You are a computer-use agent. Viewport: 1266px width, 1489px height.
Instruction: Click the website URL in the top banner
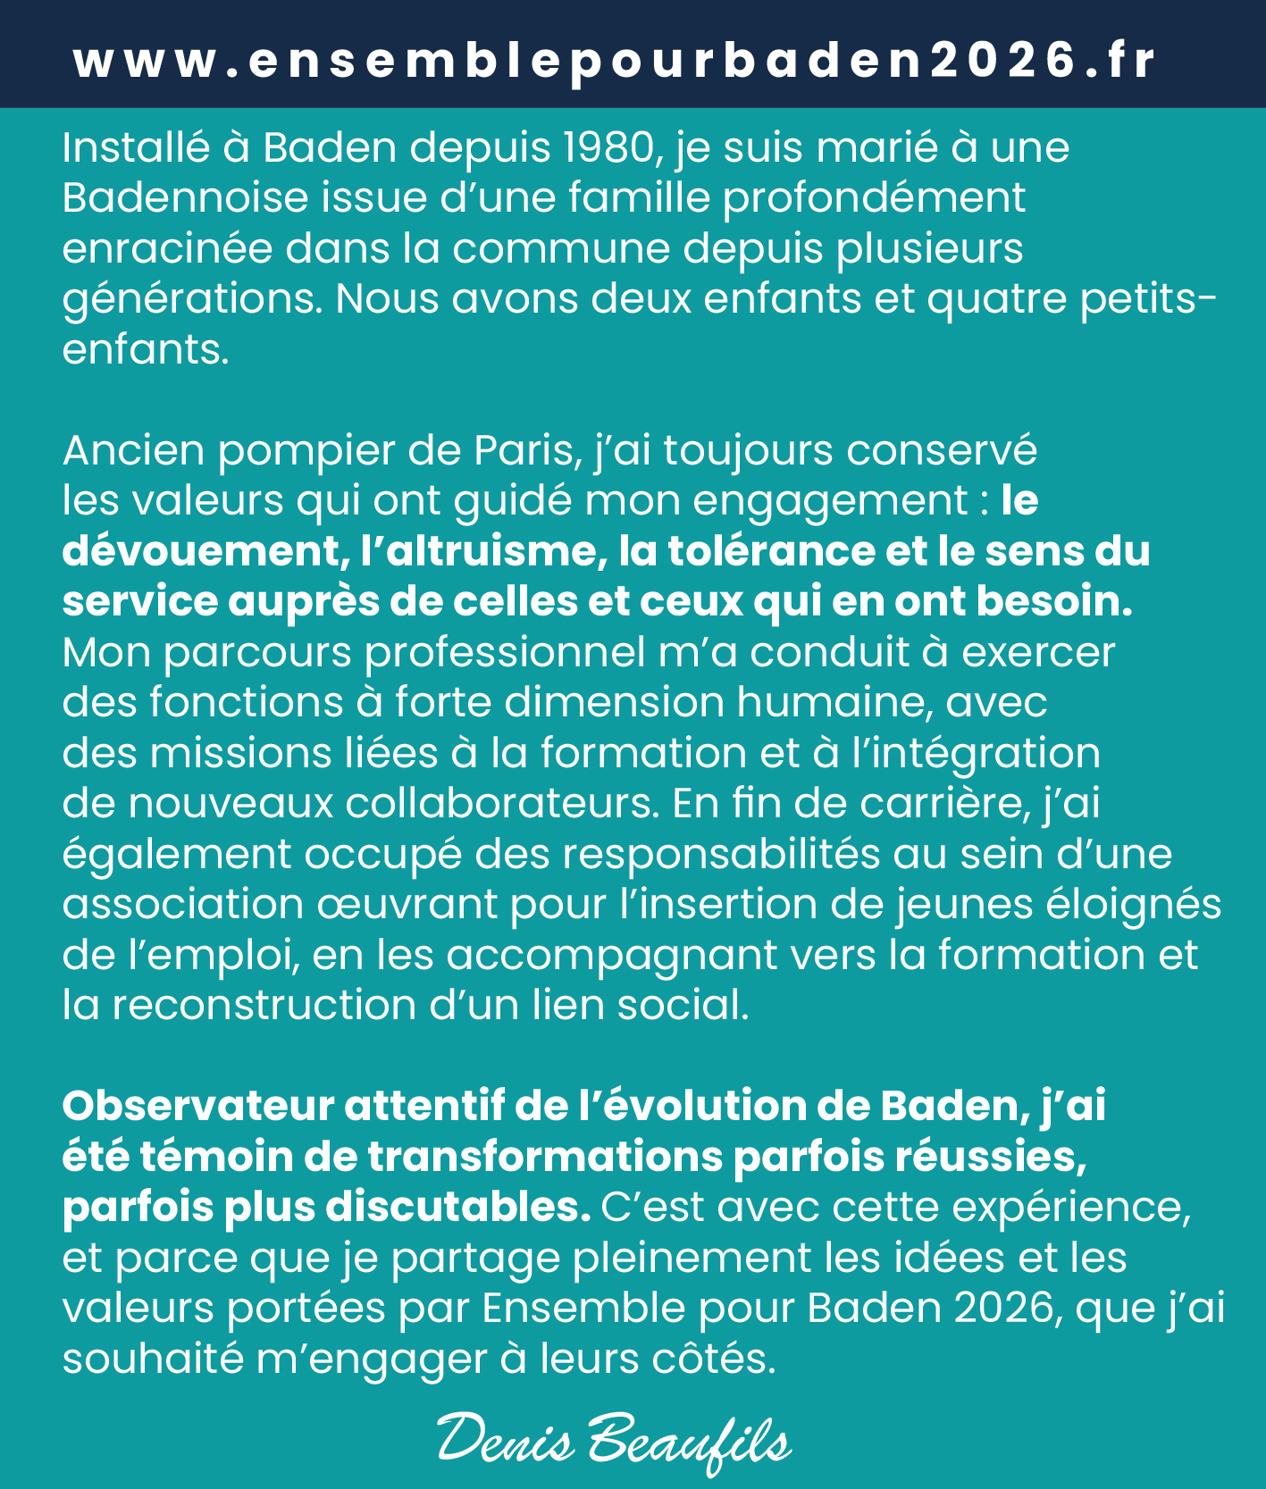tap(615, 61)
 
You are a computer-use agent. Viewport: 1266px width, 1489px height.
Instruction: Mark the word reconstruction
tap(264, 1006)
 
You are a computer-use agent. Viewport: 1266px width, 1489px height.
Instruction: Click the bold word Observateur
tap(197, 1107)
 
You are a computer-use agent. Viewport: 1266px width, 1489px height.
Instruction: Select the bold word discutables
tap(452, 1208)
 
